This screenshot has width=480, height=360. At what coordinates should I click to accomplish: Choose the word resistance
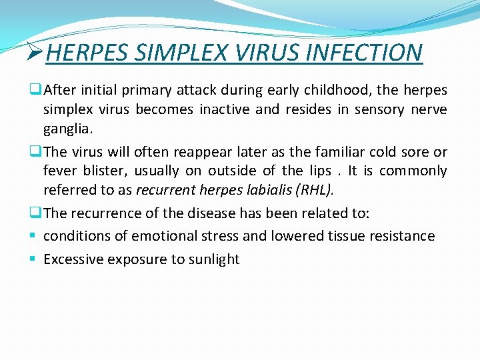[399, 236]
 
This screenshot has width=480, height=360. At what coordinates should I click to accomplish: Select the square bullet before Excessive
[32, 259]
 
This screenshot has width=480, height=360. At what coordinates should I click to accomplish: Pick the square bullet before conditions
[32, 236]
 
